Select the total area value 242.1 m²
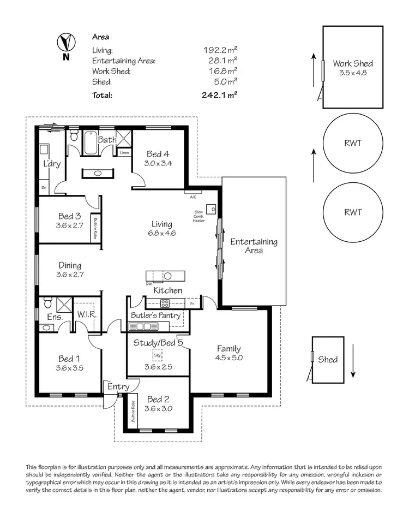click(219, 94)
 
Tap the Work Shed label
click(353, 63)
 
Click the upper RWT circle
click(353, 144)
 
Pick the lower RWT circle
click(353, 212)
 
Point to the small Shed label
click(328, 359)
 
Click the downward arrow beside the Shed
click(353, 360)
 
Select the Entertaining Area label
click(254, 246)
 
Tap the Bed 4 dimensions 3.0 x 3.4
click(158, 163)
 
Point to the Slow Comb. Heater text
click(199, 216)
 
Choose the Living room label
click(162, 224)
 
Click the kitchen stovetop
click(164, 303)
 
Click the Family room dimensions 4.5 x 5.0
click(229, 358)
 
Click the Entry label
click(118, 386)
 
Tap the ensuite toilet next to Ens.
click(47, 302)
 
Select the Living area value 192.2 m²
click(220, 50)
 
